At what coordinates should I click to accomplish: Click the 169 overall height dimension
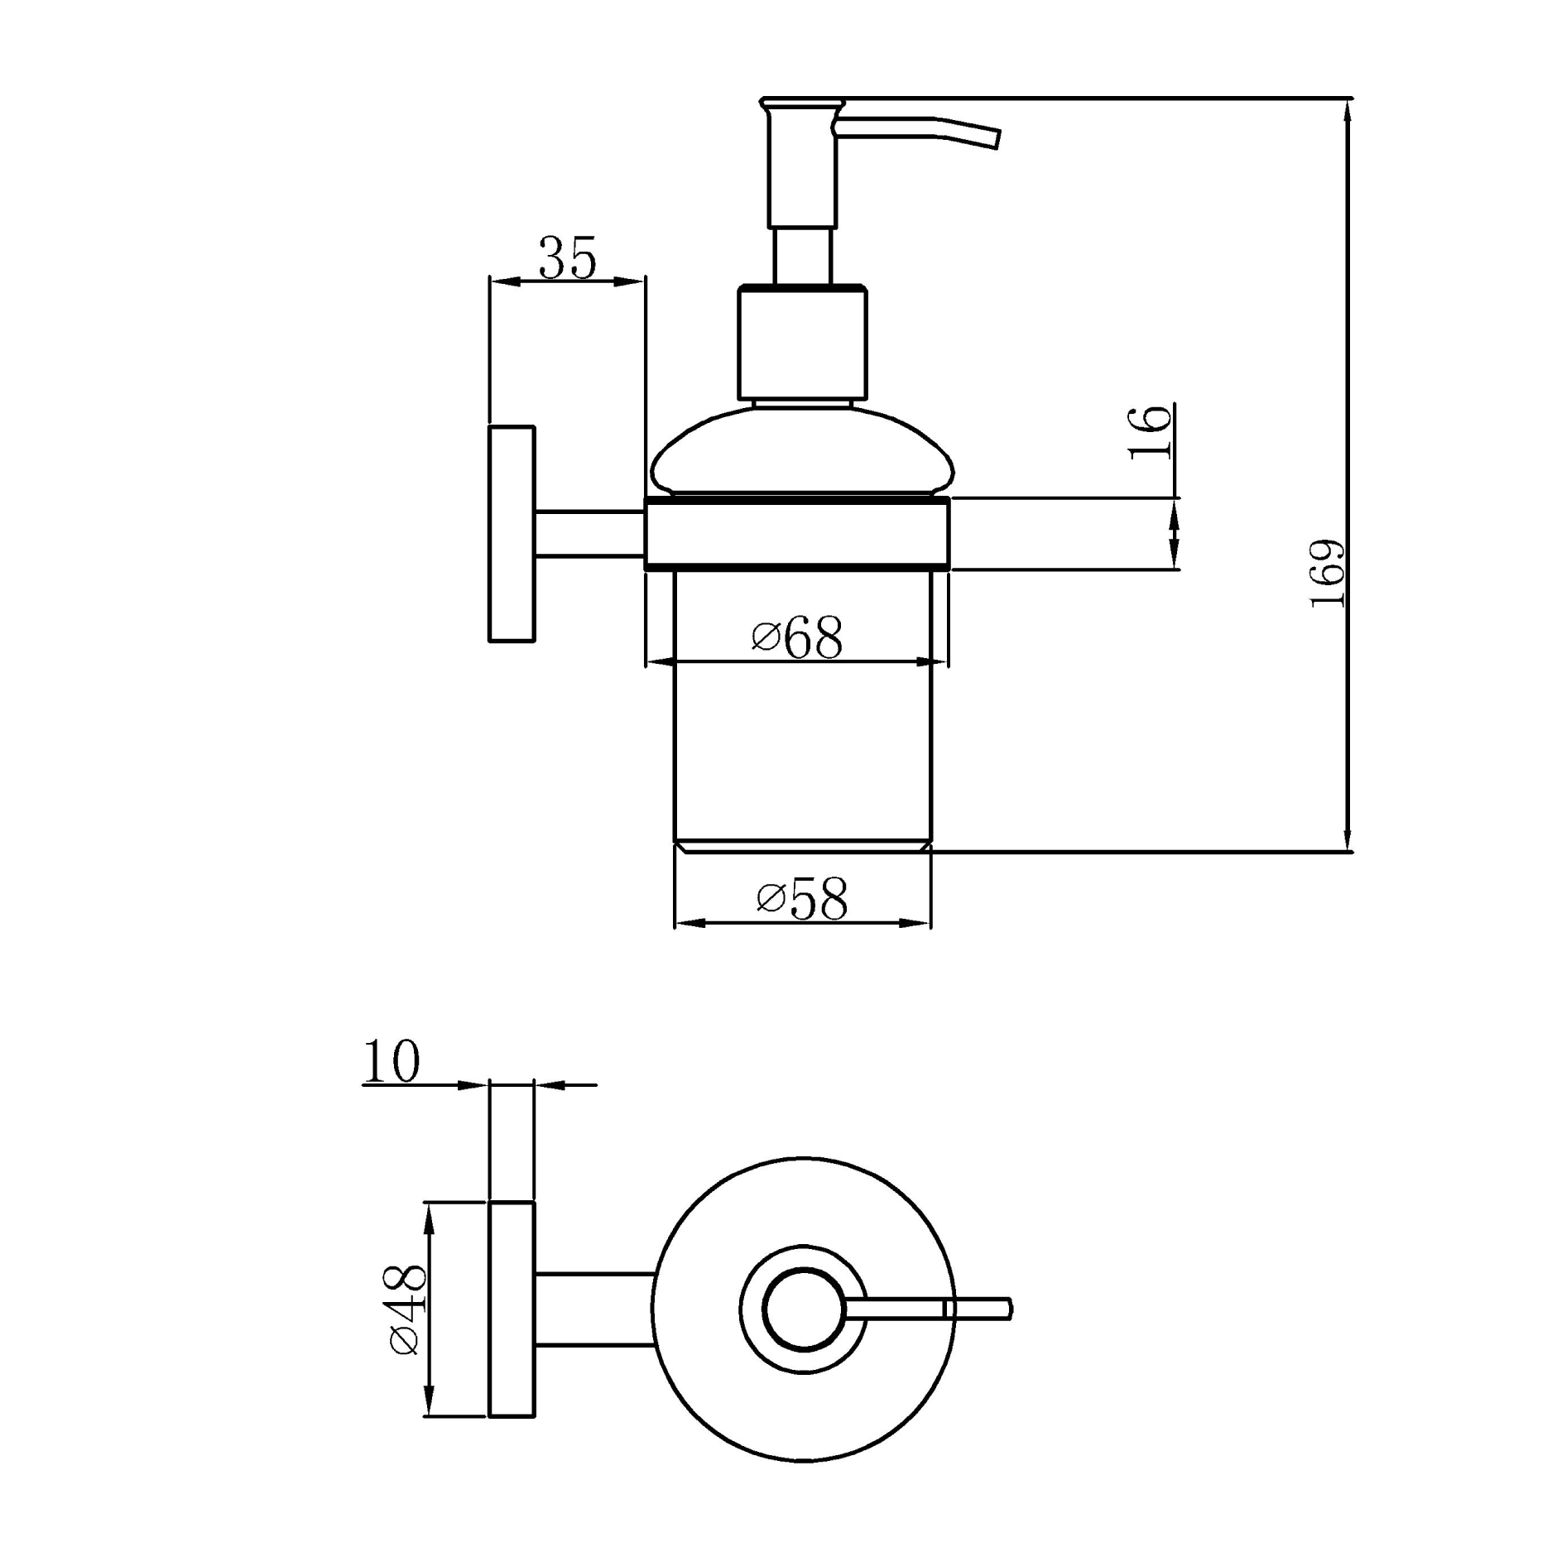(x=1328, y=574)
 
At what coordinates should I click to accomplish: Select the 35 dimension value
(x=567, y=258)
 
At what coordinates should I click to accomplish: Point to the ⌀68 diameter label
(x=797, y=638)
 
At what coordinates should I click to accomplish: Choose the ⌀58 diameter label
(x=802, y=899)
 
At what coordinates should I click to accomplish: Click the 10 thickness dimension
(x=391, y=1061)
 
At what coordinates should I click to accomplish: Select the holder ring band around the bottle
(x=797, y=535)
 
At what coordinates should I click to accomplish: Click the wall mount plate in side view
(x=512, y=534)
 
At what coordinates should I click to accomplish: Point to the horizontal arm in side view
(x=589, y=534)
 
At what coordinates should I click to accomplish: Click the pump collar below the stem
(x=802, y=344)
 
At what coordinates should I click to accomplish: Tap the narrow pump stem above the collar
(x=801, y=257)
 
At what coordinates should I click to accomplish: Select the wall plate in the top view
(x=512, y=1309)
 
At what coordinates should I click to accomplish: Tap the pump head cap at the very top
(x=802, y=104)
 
